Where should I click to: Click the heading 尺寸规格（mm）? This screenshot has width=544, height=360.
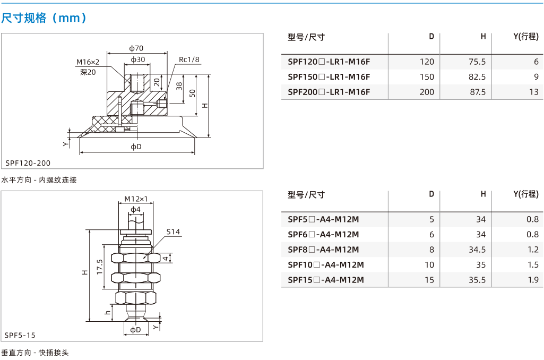[x=44, y=18]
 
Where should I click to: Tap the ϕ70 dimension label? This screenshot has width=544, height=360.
[x=136, y=48]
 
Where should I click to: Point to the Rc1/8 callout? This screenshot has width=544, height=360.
[x=189, y=59]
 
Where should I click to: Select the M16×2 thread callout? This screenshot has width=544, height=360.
[x=88, y=62]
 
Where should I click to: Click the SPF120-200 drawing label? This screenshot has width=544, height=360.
[x=28, y=163]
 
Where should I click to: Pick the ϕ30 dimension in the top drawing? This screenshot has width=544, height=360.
[x=138, y=59]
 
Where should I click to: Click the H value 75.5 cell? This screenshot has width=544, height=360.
[x=477, y=62]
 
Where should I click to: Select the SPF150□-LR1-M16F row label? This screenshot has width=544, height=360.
[x=329, y=76]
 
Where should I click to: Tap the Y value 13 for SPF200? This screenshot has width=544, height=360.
[x=534, y=92]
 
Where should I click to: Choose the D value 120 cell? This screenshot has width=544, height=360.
[x=427, y=62]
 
